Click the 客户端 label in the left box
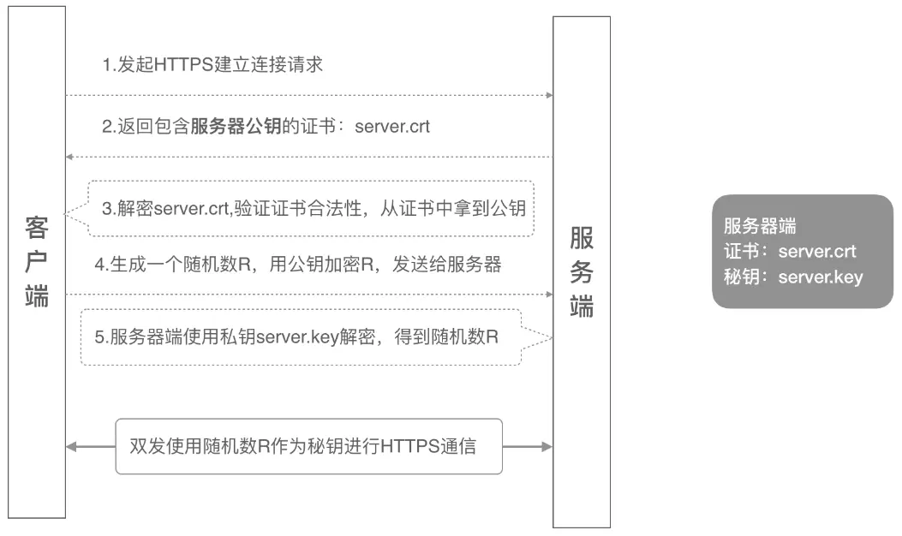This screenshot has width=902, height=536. [36, 262]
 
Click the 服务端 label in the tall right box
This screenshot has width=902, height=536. [582, 272]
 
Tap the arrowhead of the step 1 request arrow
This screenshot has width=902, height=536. [549, 95]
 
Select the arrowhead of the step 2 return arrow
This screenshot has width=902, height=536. [69, 157]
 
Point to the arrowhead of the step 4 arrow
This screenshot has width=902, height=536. [549, 295]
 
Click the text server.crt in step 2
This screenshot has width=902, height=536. [392, 127]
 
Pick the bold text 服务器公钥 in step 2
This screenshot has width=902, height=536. [236, 126]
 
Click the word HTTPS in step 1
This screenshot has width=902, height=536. [184, 64]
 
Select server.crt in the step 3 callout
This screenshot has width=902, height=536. [192, 208]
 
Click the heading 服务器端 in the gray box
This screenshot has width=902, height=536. [760, 226]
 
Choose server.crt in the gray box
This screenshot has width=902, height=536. [817, 252]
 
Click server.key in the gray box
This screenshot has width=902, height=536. [821, 277]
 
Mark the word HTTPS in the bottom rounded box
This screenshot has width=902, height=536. [410, 446]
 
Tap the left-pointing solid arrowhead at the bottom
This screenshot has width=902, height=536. [71, 446]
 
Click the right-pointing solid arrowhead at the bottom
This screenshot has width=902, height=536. [547, 446]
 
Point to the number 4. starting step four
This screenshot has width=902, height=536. [102, 265]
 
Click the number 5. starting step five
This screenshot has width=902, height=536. [102, 337]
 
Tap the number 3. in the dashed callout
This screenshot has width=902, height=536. [110, 208]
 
